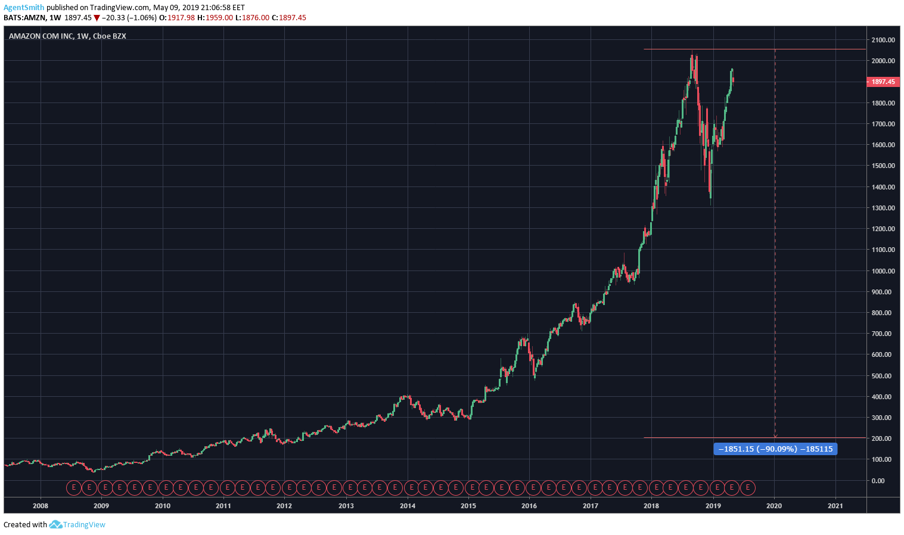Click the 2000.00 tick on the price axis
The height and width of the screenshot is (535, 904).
(883, 61)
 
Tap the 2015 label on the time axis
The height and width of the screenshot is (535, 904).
(468, 506)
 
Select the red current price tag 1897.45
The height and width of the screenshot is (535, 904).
(883, 82)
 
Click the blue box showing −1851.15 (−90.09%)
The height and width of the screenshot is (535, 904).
(775, 449)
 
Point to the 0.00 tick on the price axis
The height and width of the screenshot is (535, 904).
(878, 480)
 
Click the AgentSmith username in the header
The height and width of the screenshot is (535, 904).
(24, 8)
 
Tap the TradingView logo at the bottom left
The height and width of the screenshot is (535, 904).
(77, 525)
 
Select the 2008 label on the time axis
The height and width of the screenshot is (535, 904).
(41, 506)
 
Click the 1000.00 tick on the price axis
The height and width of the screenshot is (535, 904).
(883, 271)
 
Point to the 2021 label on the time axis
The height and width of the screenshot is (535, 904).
(835, 506)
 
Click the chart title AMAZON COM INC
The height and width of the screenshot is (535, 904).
(41, 36)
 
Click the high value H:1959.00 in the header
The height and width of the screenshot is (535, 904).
(215, 18)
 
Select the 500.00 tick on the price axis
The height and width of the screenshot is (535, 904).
(881, 376)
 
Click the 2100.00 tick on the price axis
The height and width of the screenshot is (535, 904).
(883, 40)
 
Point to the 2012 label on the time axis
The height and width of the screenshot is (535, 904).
(284, 506)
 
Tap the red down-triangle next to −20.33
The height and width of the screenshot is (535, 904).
(97, 18)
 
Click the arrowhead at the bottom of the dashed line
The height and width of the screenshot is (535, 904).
(775, 437)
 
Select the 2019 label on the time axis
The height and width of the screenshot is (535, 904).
(713, 506)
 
